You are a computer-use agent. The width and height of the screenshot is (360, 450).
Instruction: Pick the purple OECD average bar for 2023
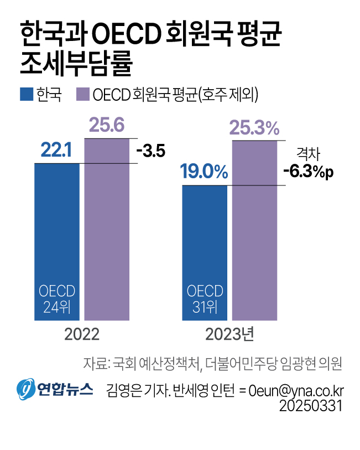click(x=254, y=230)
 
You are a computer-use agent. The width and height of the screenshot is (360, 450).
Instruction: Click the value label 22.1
click(x=57, y=151)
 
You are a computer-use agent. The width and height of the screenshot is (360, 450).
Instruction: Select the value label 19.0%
click(x=204, y=172)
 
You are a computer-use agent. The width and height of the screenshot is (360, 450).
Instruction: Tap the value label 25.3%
click(x=254, y=128)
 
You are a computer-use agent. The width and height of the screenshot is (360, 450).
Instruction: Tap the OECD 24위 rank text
click(x=57, y=299)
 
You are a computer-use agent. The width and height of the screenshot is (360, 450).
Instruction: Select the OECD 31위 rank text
click(x=205, y=299)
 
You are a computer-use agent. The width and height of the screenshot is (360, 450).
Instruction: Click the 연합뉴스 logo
click(x=54, y=389)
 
